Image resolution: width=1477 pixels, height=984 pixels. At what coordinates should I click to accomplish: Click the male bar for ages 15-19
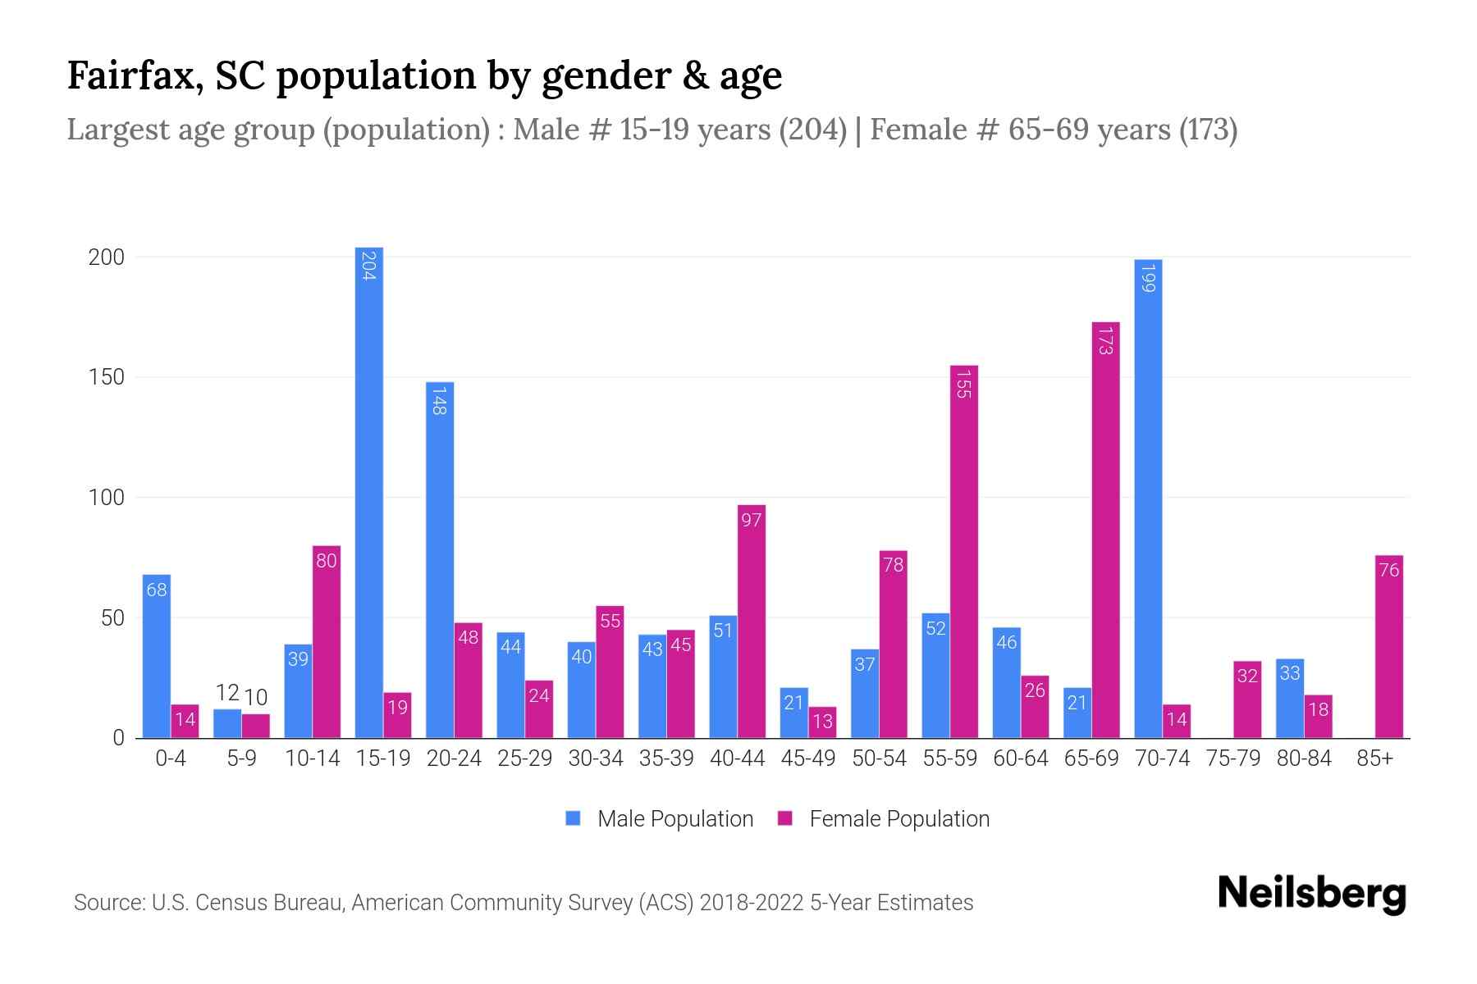coord(368,492)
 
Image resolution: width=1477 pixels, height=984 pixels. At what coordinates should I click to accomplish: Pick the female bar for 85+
coord(1388,647)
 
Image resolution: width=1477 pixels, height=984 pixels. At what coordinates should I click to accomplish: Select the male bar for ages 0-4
coord(157,656)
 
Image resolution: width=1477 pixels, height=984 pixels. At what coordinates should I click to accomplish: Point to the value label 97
coord(751,520)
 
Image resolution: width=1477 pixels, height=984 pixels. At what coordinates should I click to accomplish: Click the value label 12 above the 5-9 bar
coord(227,694)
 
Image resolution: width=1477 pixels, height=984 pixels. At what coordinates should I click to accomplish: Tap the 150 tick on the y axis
coord(107,377)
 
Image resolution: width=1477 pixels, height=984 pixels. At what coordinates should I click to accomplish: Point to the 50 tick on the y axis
coord(112,618)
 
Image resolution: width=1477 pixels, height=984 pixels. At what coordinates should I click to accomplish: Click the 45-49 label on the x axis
coord(807,758)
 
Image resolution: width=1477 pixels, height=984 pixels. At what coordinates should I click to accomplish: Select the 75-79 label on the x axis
coord(1232,758)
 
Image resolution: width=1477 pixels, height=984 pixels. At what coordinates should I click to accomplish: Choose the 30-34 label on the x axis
coord(595,758)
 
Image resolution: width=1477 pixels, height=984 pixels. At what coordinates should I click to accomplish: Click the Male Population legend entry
coord(660,819)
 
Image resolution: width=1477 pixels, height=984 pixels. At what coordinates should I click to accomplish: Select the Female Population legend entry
coord(885,819)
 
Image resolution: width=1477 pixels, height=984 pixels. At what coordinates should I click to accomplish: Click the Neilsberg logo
coord(1311,894)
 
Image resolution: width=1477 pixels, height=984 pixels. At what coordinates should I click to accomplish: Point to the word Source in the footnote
coord(107,903)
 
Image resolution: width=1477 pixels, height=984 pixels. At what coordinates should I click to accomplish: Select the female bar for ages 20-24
coord(468,681)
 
